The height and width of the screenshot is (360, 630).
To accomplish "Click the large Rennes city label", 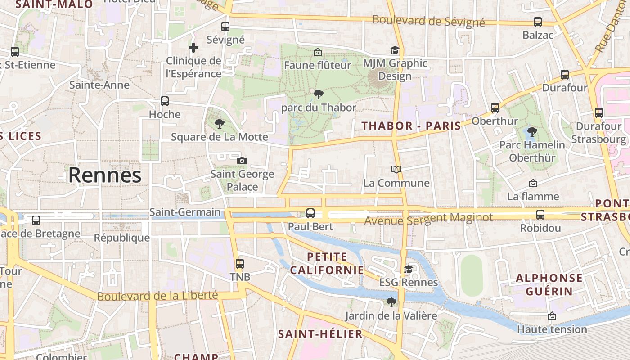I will (x=105, y=175).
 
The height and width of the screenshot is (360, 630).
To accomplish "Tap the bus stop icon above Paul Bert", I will (x=310, y=213).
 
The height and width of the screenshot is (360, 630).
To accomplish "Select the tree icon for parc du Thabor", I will (x=319, y=94).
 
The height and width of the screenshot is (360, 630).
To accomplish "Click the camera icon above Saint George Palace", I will (x=242, y=161).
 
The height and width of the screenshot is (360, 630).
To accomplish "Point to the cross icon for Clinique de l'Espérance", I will (x=193, y=47).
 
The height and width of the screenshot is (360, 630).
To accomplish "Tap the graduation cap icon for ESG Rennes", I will (x=408, y=269).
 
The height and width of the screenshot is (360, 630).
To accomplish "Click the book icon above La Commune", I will (x=396, y=170).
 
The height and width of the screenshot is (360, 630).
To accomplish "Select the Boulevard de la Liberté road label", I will (x=157, y=296).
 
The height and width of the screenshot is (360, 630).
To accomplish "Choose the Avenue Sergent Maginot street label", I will (x=428, y=219).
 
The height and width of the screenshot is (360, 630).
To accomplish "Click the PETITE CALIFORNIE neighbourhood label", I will (x=327, y=263).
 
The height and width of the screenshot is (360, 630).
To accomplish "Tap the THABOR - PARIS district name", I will (x=412, y=126).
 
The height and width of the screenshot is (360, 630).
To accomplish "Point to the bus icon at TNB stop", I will (x=240, y=264).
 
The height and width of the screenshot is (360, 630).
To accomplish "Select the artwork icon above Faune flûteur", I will (x=317, y=52).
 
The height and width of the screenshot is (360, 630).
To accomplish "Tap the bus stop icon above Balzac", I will (x=537, y=22).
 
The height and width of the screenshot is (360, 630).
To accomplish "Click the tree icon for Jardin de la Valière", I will (x=391, y=302).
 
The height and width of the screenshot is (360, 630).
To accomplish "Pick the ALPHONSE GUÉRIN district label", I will (x=549, y=284).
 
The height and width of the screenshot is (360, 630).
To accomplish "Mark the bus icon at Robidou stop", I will (x=540, y=215).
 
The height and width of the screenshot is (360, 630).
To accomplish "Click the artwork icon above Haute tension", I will (x=552, y=316).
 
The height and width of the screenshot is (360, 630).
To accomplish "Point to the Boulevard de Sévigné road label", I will (x=428, y=21).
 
